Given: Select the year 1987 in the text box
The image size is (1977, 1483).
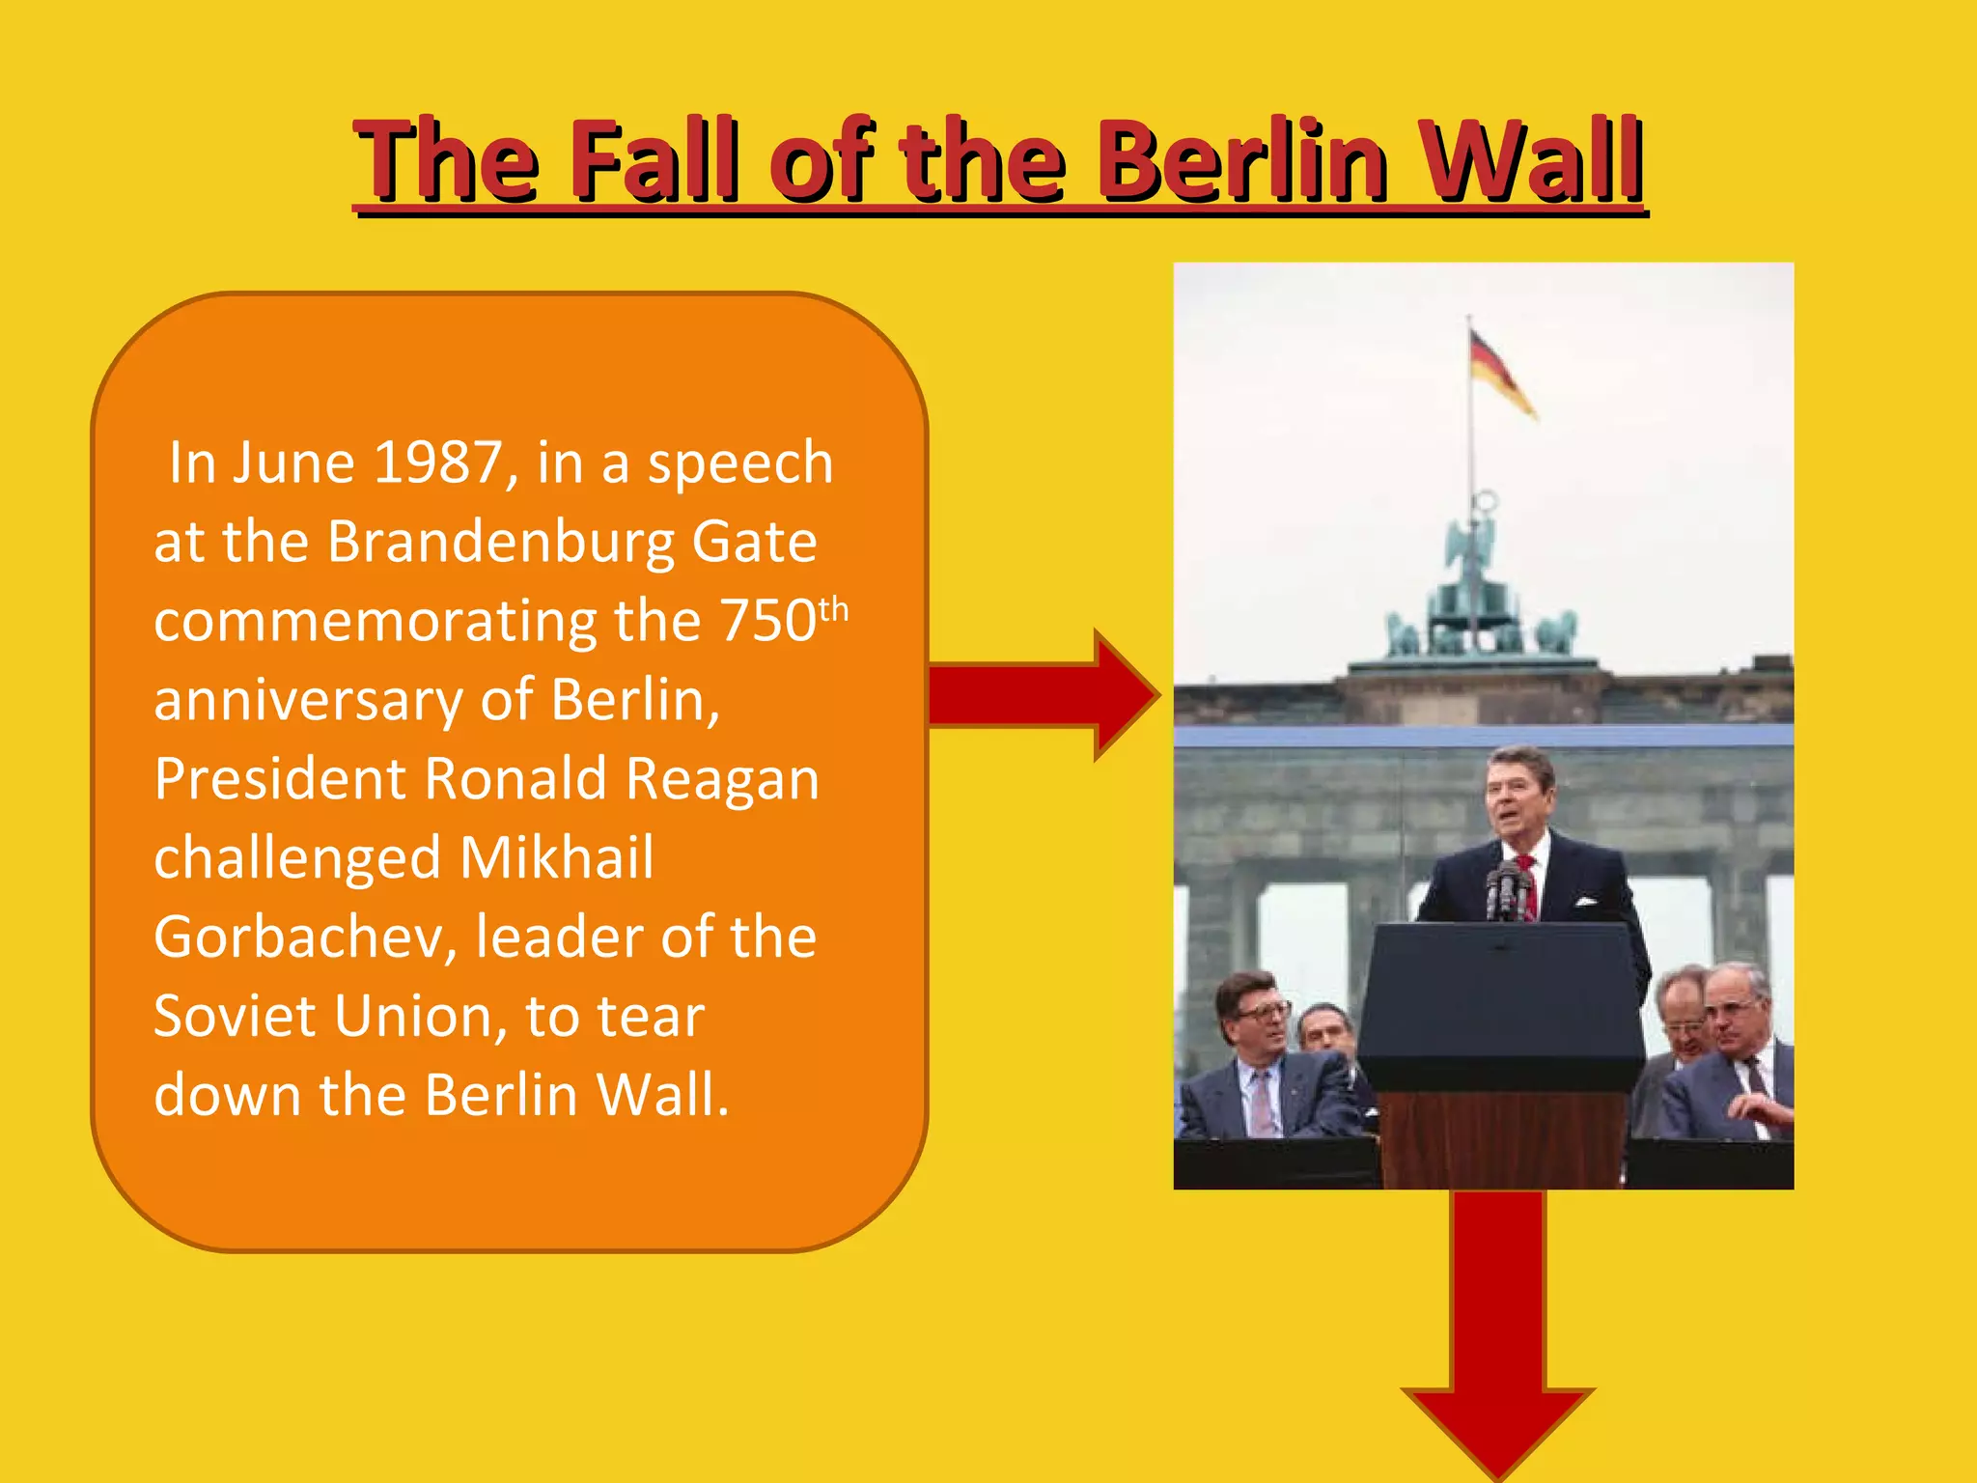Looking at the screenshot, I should point(437,463).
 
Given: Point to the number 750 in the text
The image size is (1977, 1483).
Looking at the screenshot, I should point(769,621).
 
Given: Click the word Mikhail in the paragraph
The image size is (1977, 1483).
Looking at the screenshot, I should point(557,858).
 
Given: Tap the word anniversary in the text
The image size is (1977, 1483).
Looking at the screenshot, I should point(308,700).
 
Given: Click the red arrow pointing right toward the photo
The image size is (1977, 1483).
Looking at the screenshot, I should point(1043,694).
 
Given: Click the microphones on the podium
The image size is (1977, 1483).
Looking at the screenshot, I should point(1507,888).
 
